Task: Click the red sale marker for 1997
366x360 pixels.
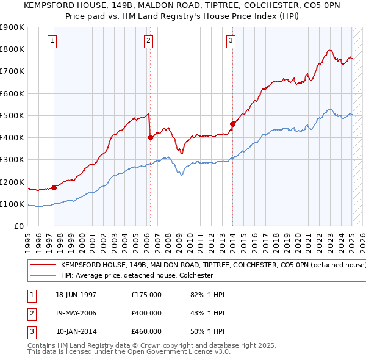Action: point(54,187)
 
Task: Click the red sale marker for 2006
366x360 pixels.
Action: point(150,138)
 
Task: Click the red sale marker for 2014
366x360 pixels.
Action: point(232,124)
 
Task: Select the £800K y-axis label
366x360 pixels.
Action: point(13,49)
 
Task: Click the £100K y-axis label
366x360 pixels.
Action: point(13,204)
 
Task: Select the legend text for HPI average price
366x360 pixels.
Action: point(137,275)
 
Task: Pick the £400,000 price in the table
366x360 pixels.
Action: point(146,313)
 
